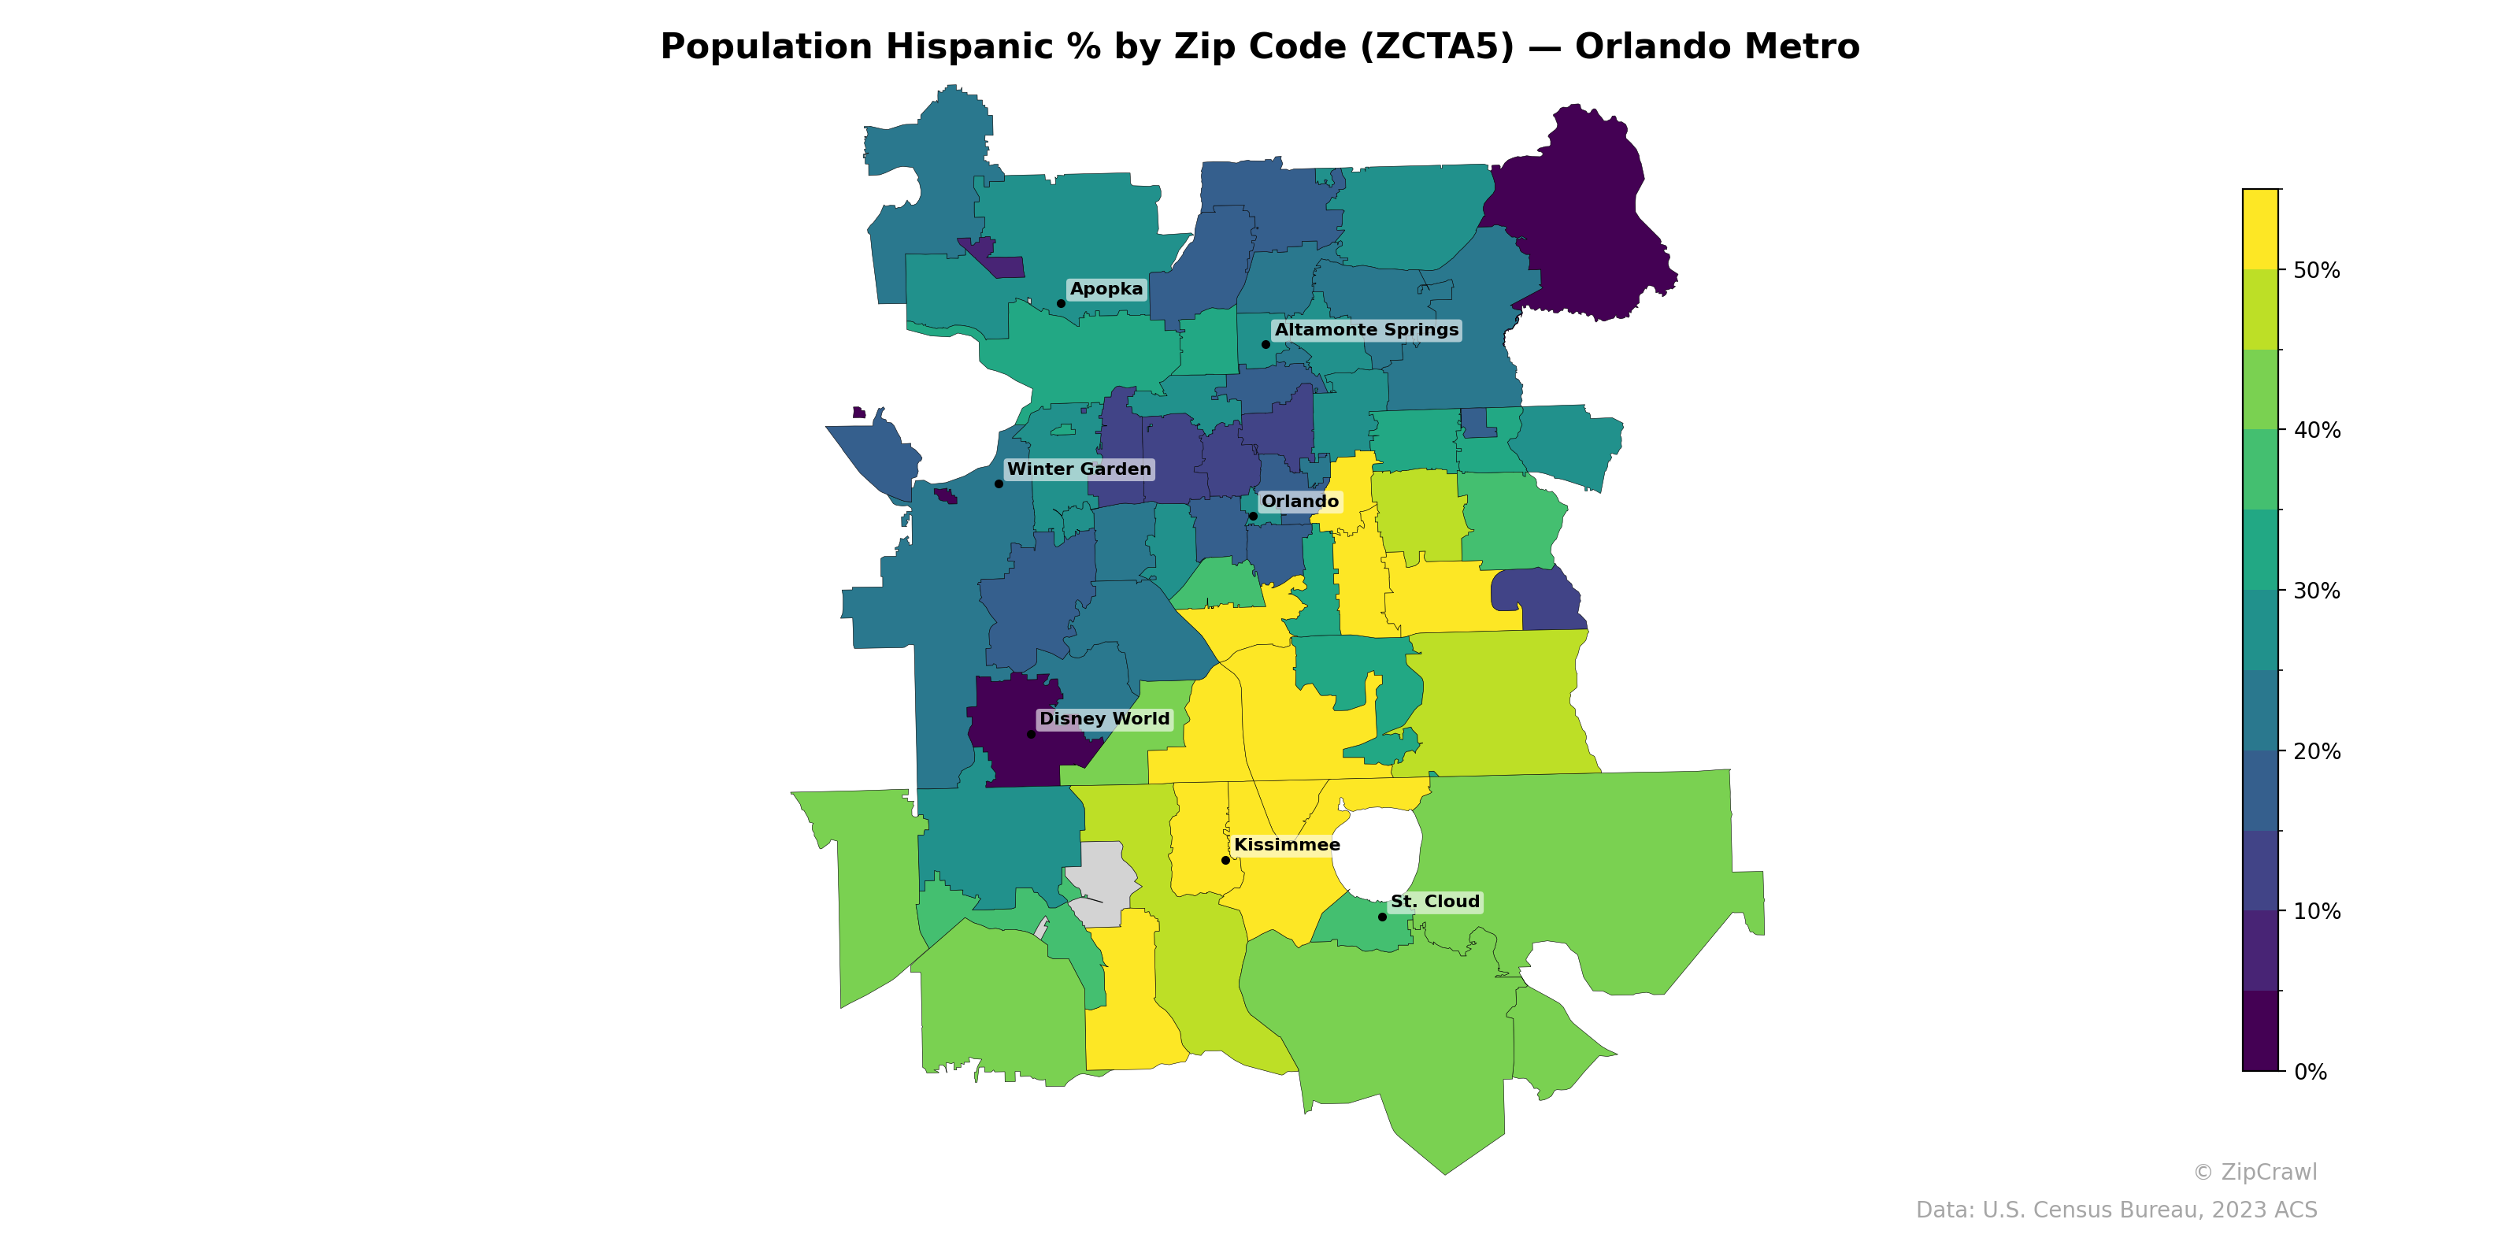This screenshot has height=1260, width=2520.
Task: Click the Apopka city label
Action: (1106, 288)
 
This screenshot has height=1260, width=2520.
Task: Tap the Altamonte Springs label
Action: (1366, 330)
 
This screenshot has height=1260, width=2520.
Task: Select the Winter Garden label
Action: (1079, 469)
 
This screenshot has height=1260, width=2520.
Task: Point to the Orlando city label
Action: (1299, 501)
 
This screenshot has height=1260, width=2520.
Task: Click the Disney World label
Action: (1103, 718)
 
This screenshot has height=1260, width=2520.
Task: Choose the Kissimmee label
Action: (1287, 844)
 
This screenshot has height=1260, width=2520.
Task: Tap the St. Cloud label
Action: (1434, 901)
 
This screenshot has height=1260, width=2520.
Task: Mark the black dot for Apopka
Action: (1061, 303)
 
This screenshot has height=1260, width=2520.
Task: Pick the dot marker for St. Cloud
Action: (1381, 917)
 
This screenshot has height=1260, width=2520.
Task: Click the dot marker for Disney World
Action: (1030, 734)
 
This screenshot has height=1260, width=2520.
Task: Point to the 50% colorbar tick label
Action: (2317, 270)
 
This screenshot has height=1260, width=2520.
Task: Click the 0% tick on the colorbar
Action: (2310, 1071)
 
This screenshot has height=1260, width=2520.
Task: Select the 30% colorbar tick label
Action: (2317, 591)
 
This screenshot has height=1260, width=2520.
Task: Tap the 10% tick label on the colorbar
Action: (2317, 912)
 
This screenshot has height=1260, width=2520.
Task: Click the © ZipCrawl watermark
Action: (2254, 1172)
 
